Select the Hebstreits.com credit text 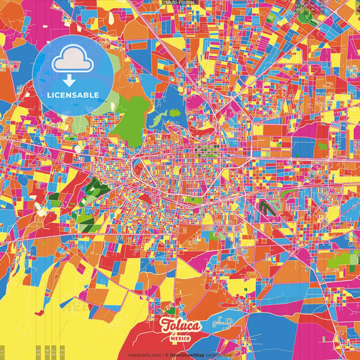[x=145, y=355]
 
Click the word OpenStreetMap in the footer [x=188, y=355]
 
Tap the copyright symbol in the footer [x=166, y=355]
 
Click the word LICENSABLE [x=73, y=95]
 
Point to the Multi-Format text [x=180, y=3]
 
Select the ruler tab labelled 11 [x=3, y=353]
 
